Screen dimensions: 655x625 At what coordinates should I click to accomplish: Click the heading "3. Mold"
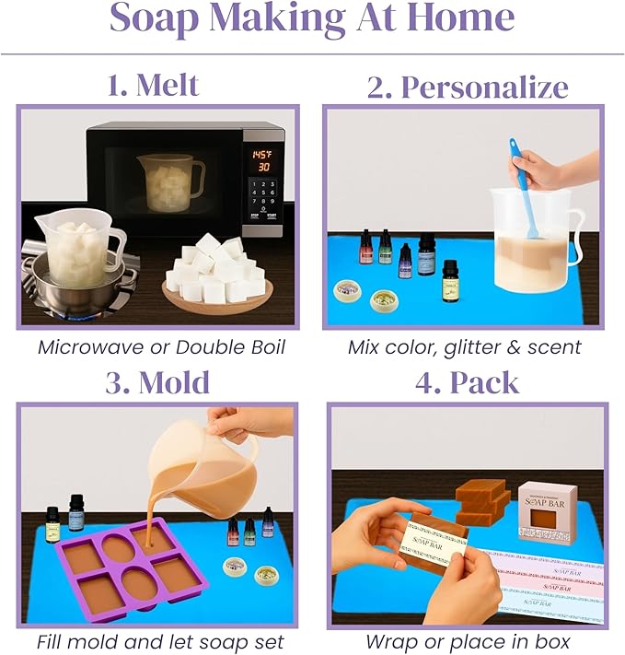(x=156, y=381)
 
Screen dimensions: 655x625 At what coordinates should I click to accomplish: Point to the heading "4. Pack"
(x=467, y=381)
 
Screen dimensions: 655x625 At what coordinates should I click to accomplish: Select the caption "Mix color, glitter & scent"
(x=464, y=347)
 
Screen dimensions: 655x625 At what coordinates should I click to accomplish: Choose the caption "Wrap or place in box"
(x=467, y=641)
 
